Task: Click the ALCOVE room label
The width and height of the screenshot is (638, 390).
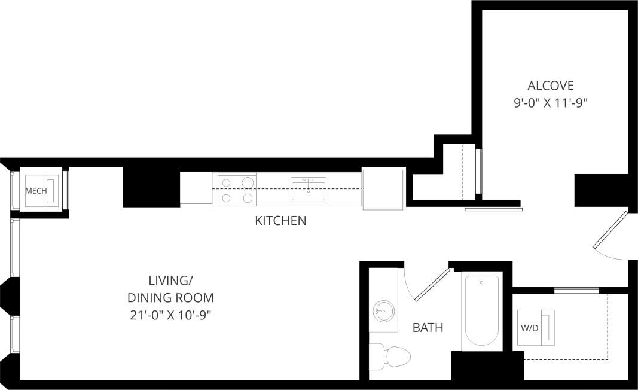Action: tap(550, 85)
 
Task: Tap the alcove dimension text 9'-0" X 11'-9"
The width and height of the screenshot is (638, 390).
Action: tap(550, 103)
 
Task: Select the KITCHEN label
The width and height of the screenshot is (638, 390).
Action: tap(280, 221)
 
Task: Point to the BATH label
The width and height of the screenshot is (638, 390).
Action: tap(428, 328)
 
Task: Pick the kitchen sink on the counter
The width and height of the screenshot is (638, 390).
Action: tap(308, 190)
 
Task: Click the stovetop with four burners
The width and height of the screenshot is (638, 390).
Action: tap(237, 190)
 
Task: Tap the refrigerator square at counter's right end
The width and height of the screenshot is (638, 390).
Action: tap(383, 189)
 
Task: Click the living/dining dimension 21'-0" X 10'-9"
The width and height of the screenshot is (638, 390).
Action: tap(171, 315)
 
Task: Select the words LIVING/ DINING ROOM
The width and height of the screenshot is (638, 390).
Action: tap(171, 289)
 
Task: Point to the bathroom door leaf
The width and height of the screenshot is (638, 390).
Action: tap(432, 285)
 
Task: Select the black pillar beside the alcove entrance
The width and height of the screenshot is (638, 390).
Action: tap(602, 188)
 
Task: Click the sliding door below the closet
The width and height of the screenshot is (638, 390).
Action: tap(493, 209)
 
